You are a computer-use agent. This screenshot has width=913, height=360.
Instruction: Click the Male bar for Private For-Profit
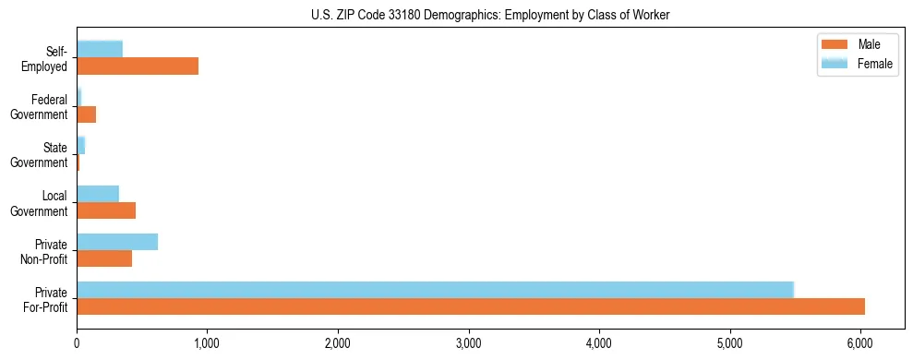click(471, 306)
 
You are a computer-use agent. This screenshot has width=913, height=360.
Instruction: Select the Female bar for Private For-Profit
click(435, 290)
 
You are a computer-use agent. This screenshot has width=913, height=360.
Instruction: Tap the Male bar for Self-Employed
click(138, 66)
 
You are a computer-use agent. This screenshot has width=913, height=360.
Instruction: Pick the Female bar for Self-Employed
click(100, 50)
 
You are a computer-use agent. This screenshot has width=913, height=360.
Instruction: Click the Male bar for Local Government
click(106, 210)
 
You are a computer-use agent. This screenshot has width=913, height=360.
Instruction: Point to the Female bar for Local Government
click(98, 194)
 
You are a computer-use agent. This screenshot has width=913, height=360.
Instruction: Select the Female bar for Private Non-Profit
click(117, 242)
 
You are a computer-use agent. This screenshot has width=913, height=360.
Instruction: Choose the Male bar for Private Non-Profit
click(104, 258)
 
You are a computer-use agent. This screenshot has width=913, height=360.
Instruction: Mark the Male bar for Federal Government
click(87, 114)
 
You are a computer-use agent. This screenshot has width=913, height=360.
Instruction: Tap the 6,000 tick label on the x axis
click(860, 343)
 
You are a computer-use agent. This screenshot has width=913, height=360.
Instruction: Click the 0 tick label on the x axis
click(77, 343)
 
